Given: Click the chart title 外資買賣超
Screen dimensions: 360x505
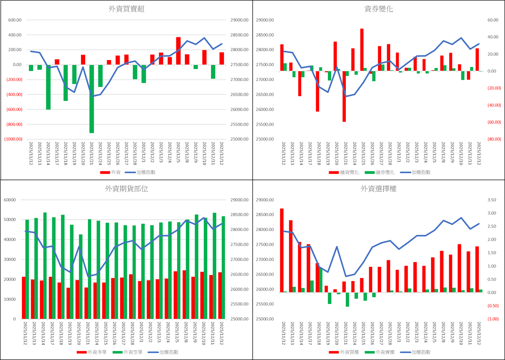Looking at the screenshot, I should (127, 9).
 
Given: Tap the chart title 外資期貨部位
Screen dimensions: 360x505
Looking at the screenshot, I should (127, 189).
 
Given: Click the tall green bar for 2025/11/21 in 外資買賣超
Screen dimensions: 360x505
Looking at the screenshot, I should (92, 99).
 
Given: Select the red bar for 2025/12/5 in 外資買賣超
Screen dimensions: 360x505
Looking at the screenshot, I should (178, 51).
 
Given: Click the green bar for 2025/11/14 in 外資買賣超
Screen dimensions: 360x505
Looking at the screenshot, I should (48, 87).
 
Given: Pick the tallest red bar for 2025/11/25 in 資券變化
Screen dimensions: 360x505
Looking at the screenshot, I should (362, 50).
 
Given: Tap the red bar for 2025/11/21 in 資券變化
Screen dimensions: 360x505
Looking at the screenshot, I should (344, 96).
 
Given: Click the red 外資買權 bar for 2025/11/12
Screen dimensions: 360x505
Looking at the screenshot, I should (282, 250).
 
